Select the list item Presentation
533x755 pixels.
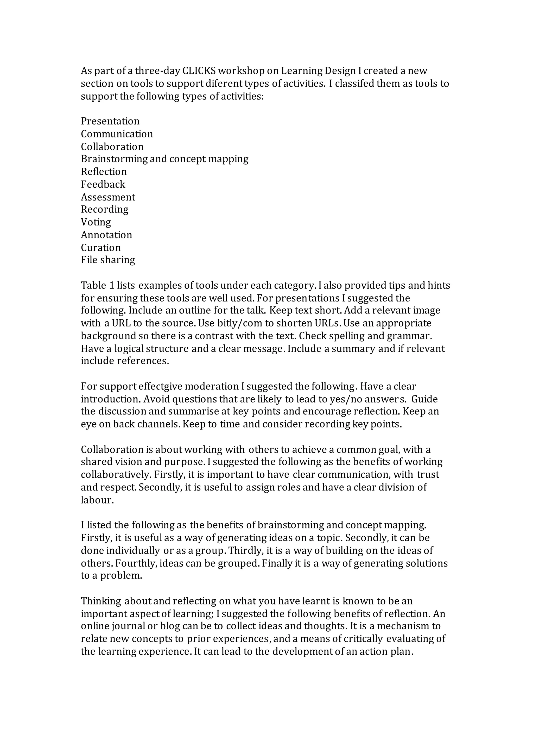(x=110, y=121)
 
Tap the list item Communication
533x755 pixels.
(x=117, y=134)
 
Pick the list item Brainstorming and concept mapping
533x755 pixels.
(x=164, y=159)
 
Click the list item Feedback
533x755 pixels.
(x=103, y=185)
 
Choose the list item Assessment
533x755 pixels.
(x=108, y=197)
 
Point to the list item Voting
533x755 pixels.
(x=96, y=222)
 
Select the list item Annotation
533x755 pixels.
(x=106, y=235)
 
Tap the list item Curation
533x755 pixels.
(x=101, y=248)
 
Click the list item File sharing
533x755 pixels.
(x=108, y=260)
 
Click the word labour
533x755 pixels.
(x=97, y=500)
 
